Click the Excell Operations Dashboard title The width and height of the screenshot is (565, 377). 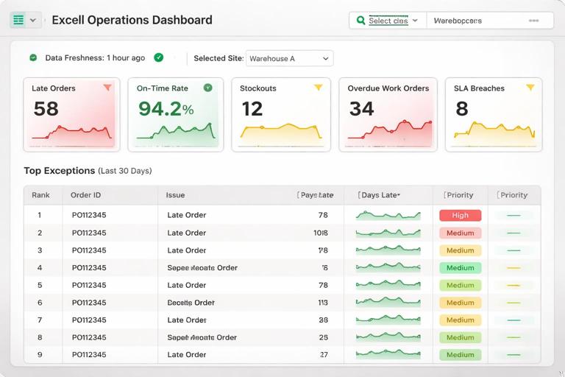pos(132,20)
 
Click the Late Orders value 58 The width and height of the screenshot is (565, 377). pos(46,109)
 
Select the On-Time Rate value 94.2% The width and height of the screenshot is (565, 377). pos(166,109)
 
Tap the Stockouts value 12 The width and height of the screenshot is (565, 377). pos(252,109)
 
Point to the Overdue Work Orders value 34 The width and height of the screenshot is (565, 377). pos(361,109)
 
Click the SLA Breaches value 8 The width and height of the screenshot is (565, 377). pos(461,109)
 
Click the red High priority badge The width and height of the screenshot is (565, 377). pos(460,216)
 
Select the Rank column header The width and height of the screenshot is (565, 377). pos(40,195)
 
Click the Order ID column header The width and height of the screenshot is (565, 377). pos(85,195)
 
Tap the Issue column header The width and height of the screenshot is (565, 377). pos(175,195)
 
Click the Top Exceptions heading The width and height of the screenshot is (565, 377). pos(59,171)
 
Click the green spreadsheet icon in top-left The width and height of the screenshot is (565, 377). pos(18,20)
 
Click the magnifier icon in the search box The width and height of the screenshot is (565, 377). pos(360,21)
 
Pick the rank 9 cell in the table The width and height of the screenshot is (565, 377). pos(40,355)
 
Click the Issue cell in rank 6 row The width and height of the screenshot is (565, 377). pos(191,303)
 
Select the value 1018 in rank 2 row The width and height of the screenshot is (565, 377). pos(321,233)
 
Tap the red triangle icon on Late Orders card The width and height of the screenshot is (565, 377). pos(107,88)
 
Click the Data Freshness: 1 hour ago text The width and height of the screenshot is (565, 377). pos(95,58)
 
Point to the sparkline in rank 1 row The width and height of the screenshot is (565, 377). pos(388,216)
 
